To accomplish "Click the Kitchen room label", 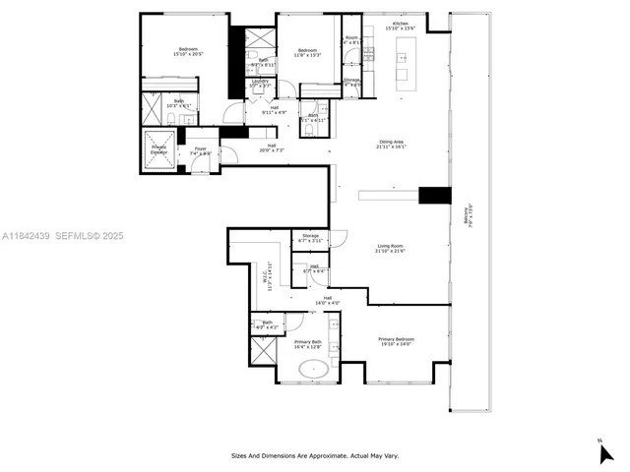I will click(400, 26).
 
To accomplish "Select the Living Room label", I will click(389, 248).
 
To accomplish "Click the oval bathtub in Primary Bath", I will click(315, 371).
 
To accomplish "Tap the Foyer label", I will click(200, 151).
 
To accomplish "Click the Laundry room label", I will click(260, 83).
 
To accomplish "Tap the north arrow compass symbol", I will click(605, 451).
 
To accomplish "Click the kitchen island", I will click(402, 66).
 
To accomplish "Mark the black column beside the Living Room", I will click(434, 195).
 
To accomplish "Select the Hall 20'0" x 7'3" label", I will click(272, 147).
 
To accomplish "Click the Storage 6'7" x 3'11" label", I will click(311, 238).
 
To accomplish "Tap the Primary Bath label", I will click(308, 344).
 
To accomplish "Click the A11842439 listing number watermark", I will click(29, 236).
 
